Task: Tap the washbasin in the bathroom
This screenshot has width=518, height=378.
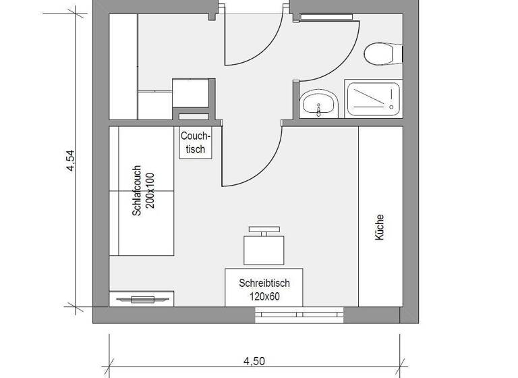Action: coord(318,103)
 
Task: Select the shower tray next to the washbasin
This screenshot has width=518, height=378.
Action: coord(373,100)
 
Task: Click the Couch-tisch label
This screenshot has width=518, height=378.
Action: coord(196,142)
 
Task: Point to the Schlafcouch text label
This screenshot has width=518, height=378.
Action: coord(137,190)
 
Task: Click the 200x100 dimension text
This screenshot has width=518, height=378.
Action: coord(150,190)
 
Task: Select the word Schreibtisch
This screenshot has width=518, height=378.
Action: coord(264,283)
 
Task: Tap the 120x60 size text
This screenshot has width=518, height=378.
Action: coord(264,295)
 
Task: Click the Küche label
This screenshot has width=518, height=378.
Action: coord(380,228)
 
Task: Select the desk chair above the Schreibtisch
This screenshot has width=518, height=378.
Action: coord(262,247)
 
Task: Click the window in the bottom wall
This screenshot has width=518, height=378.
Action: coord(299,313)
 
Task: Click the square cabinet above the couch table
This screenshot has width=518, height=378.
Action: coord(190,94)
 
